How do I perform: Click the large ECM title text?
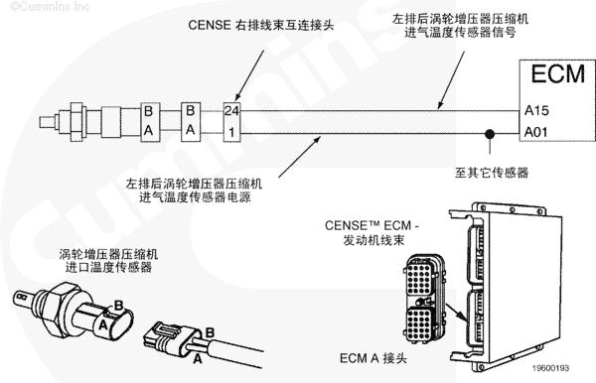tap(557, 74)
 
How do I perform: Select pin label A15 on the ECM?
tap(536, 110)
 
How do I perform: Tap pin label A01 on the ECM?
tap(536, 132)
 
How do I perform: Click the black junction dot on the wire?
tap(490, 134)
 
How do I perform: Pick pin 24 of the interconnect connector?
tap(231, 111)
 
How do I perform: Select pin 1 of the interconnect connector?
tap(231, 133)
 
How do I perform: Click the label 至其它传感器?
tap(492, 173)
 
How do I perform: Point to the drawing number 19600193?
tap(550, 368)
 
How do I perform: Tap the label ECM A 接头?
tap(372, 358)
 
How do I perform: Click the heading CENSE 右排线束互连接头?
tap(260, 25)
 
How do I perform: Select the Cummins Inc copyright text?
tap(50, 7)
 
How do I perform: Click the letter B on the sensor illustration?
tap(119, 306)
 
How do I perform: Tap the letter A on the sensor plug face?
tap(103, 324)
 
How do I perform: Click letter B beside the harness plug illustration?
tap(210, 332)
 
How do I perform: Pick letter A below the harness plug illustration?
tap(198, 358)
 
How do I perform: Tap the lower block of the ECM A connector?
tap(419, 324)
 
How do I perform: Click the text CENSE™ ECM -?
tap(372, 225)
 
